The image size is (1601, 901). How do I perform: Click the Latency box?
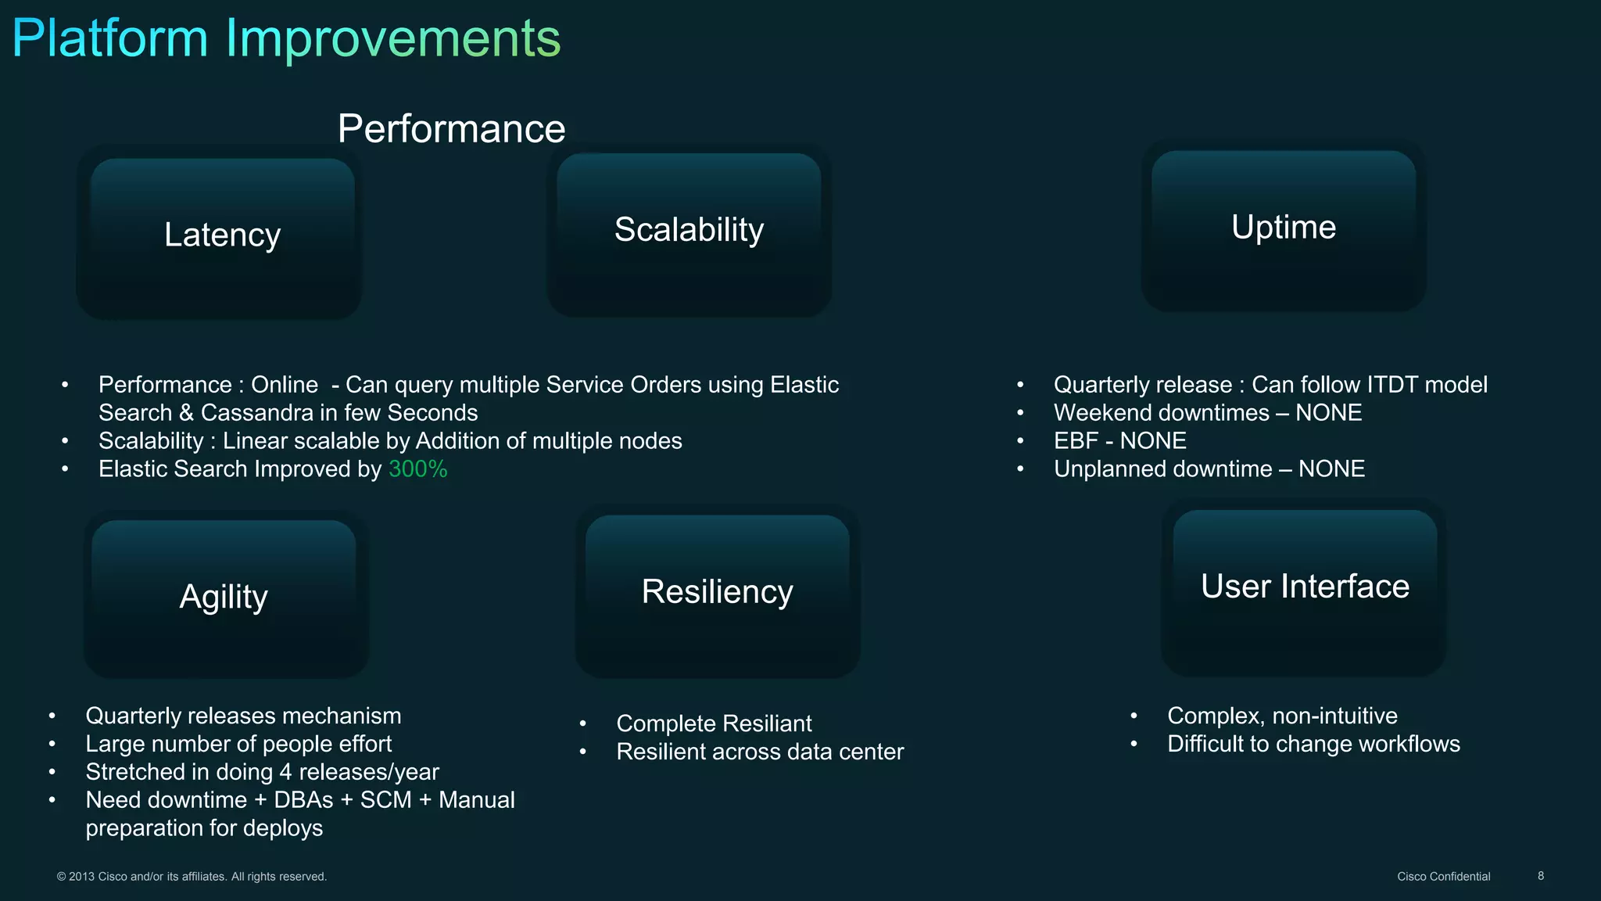[x=222, y=235]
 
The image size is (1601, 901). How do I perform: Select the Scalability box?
[x=689, y=230]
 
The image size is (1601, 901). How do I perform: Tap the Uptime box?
[x=1284, y=228]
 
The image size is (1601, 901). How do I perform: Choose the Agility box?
[x=224, y=597]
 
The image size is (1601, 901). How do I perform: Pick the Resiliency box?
[x=717, y=592]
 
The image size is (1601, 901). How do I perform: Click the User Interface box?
[x=1304, y=587]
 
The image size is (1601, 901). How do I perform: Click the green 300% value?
[x=417, y=469]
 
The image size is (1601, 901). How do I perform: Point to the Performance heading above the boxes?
[x=451, y=129]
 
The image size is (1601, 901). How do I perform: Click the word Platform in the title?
[x=109, y=38]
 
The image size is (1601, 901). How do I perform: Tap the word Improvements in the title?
[x=392, y=38]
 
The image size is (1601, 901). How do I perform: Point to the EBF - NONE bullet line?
[x=1119, y=441]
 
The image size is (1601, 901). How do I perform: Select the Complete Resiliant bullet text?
[x=714, y=723]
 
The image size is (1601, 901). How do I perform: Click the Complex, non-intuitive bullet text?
[x=1282, y=716]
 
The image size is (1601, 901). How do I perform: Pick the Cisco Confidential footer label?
[x=1443, y=877]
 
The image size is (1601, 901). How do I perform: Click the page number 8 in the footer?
[x=1541, y=876]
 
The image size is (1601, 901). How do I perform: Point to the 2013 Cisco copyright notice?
[x=192, y=877]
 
